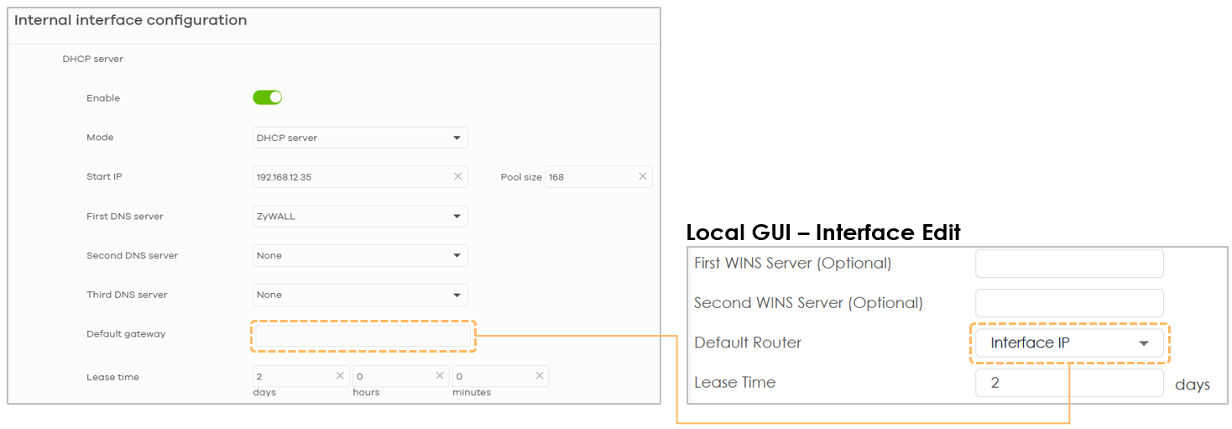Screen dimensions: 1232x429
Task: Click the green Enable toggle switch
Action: pyautogui.click(x=268, y=97)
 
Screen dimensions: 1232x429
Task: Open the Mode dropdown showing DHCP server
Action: pyautogui.click(x=360, y=138)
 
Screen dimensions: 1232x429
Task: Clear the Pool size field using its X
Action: pyautogui.click(x=642, y=176)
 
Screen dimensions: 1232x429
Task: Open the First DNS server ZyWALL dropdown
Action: pyautogui.click(x=360, y=216)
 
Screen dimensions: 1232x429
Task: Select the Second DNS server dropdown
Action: pyautogui.click(x=360, y=255)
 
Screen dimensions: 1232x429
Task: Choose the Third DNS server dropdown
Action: pyautogui.click(x=360, y=295)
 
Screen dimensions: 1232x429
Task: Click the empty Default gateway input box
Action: pyautogui.click(x=363, y=336)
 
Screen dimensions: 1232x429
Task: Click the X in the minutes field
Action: pyautogui.click(x=539, y=375)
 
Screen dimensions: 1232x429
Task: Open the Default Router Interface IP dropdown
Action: pyautogui.click(x=1069, y=343)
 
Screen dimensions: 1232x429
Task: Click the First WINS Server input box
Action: pyautogui.click(x=1069, y=264)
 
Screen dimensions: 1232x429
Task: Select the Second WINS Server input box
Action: pyautogui.click(x=1069, y=303)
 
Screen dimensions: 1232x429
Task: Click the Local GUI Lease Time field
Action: pyautogui.click(x=1069, y=382)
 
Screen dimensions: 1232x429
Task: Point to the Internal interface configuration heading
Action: pyautogui.click(x=130, y=20)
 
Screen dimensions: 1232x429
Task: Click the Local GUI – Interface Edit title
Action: pyautogui.click(x=823, y=232)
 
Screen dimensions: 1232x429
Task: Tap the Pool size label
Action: pyautogui.click(x=521, y=177)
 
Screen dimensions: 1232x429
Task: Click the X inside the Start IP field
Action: pyautogui.click(x=457, y=176)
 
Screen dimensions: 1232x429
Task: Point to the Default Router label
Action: pyautogui.click(x=748, y=342)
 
